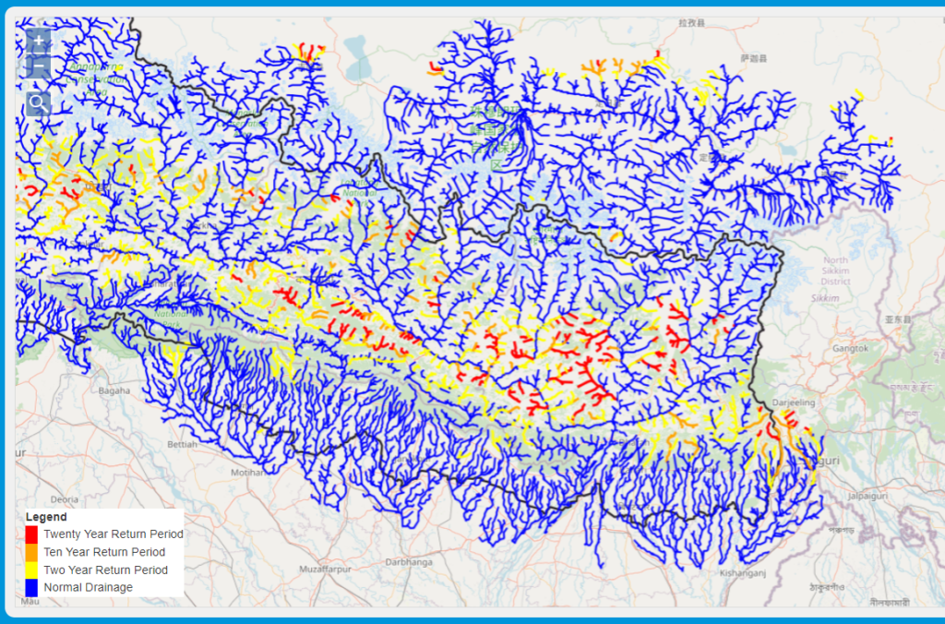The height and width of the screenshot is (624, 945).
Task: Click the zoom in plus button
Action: coord(38,42)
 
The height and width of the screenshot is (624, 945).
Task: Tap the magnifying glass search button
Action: coord(38,102)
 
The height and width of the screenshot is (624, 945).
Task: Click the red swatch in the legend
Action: coord(31,534)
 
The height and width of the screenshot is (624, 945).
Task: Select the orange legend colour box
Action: coord(31,552)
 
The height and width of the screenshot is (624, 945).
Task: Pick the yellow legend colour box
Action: coord(31,570)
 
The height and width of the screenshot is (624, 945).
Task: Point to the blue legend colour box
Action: coord(31,587)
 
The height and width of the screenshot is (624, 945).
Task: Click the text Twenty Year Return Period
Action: coord(114,534)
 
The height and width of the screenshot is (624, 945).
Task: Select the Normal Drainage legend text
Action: coord(89,587)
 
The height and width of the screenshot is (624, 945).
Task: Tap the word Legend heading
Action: coord(46,517)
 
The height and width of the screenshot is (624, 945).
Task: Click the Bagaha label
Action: coord(115,390)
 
